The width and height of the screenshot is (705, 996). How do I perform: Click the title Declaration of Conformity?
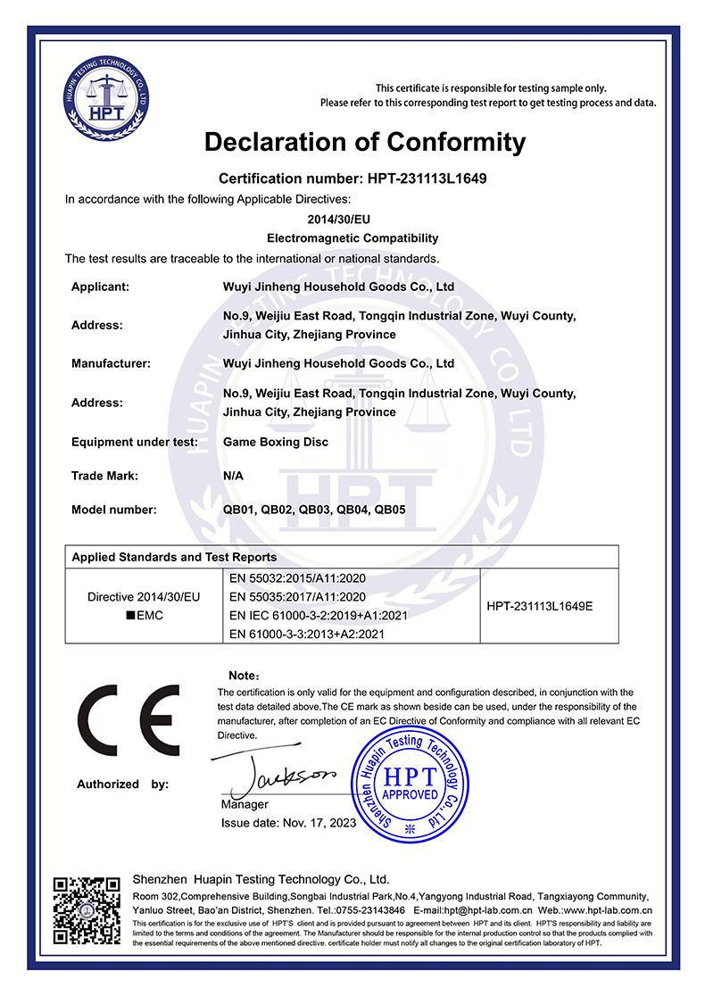point(365,141)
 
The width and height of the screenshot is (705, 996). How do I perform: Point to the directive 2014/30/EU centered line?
point(352,218)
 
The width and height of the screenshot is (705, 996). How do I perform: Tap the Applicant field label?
point(101,286)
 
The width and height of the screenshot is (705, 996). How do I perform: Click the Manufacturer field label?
point(111,363)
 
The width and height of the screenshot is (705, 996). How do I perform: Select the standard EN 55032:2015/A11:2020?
point(297,577)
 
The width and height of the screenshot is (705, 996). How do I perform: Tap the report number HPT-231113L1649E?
point(540,606)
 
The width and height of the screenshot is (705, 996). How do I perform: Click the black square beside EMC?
point(130,616)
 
